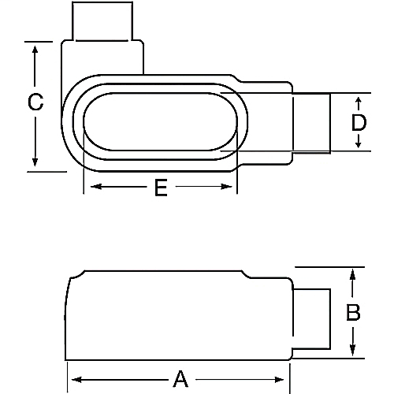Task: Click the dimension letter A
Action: click(180, 379)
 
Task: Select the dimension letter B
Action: click(353, 312)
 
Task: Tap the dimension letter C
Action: click(35, 102)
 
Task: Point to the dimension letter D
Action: click(359, 122)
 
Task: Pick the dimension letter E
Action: click(161, 188)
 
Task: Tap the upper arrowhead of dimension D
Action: click(359, 100)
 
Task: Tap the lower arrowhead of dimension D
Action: click(359, 145)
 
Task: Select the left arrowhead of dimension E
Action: click(88, 188)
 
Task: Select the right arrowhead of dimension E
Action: click(232, 188)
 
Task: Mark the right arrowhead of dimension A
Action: click(289, 379)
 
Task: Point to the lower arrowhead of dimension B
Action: click(353, 352)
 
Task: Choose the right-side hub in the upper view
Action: click(310, 122)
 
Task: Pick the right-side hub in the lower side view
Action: click(310, 318)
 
